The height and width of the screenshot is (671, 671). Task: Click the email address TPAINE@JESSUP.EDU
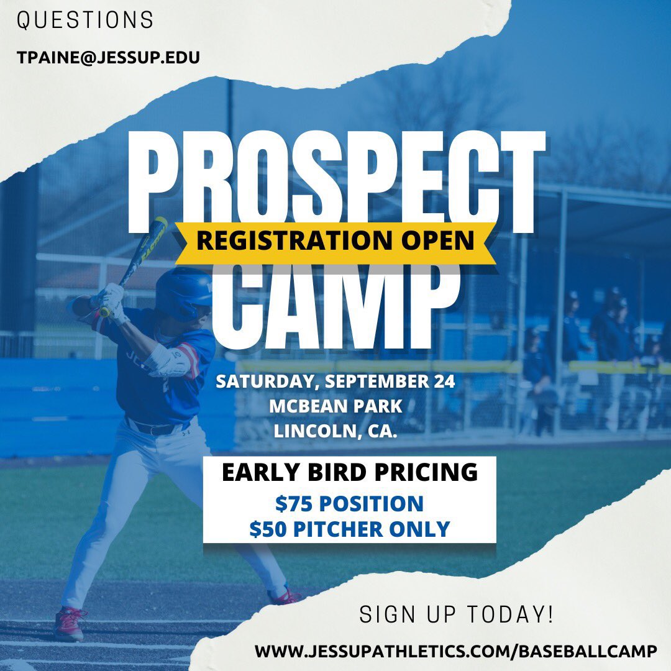(108, 58)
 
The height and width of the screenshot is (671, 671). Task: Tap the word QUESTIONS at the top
(85, 21)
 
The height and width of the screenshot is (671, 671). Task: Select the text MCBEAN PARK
(336, 407)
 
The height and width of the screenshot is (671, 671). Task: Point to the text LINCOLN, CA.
(336, 432)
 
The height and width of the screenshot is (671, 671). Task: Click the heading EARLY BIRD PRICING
(350, 473)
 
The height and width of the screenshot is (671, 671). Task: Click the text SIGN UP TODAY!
(457, 615)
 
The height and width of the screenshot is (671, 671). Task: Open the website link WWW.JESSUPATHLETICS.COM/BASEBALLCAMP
(456, 652)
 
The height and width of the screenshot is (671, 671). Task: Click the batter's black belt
(152, 428)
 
